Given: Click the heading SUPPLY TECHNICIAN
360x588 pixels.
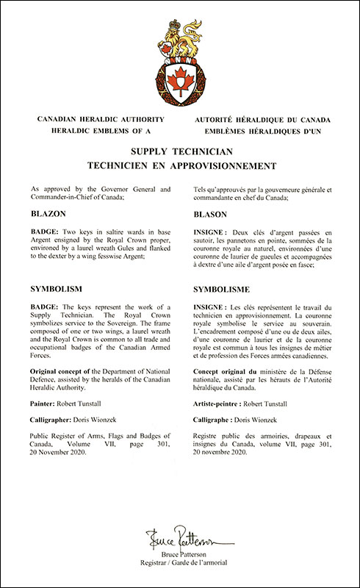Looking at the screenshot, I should pyautogui.click(x=180, y=152).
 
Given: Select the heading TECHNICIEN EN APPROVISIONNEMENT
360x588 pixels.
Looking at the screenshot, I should pyautogui.click(x=180, y=166).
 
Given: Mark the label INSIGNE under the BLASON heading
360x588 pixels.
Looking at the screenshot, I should pyautogui.click(x=213, y=232).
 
